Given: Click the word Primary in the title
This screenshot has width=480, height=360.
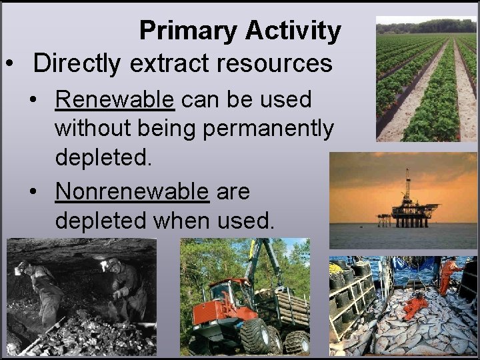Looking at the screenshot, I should click(x=189, y=31).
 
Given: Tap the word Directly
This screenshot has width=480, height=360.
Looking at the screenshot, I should click(x=78, y=63).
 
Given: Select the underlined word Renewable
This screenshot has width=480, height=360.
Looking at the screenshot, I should click(x=115, y=99).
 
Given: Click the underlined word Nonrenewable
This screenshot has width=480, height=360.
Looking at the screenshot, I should click(x=132, y=191).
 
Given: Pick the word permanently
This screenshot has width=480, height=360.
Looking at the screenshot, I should click(x=268, y=128).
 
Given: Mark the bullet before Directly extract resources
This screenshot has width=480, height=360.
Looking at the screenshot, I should click(x=10, y=64).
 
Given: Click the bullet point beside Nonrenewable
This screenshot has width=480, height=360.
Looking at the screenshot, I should click(x=34, y=192).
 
